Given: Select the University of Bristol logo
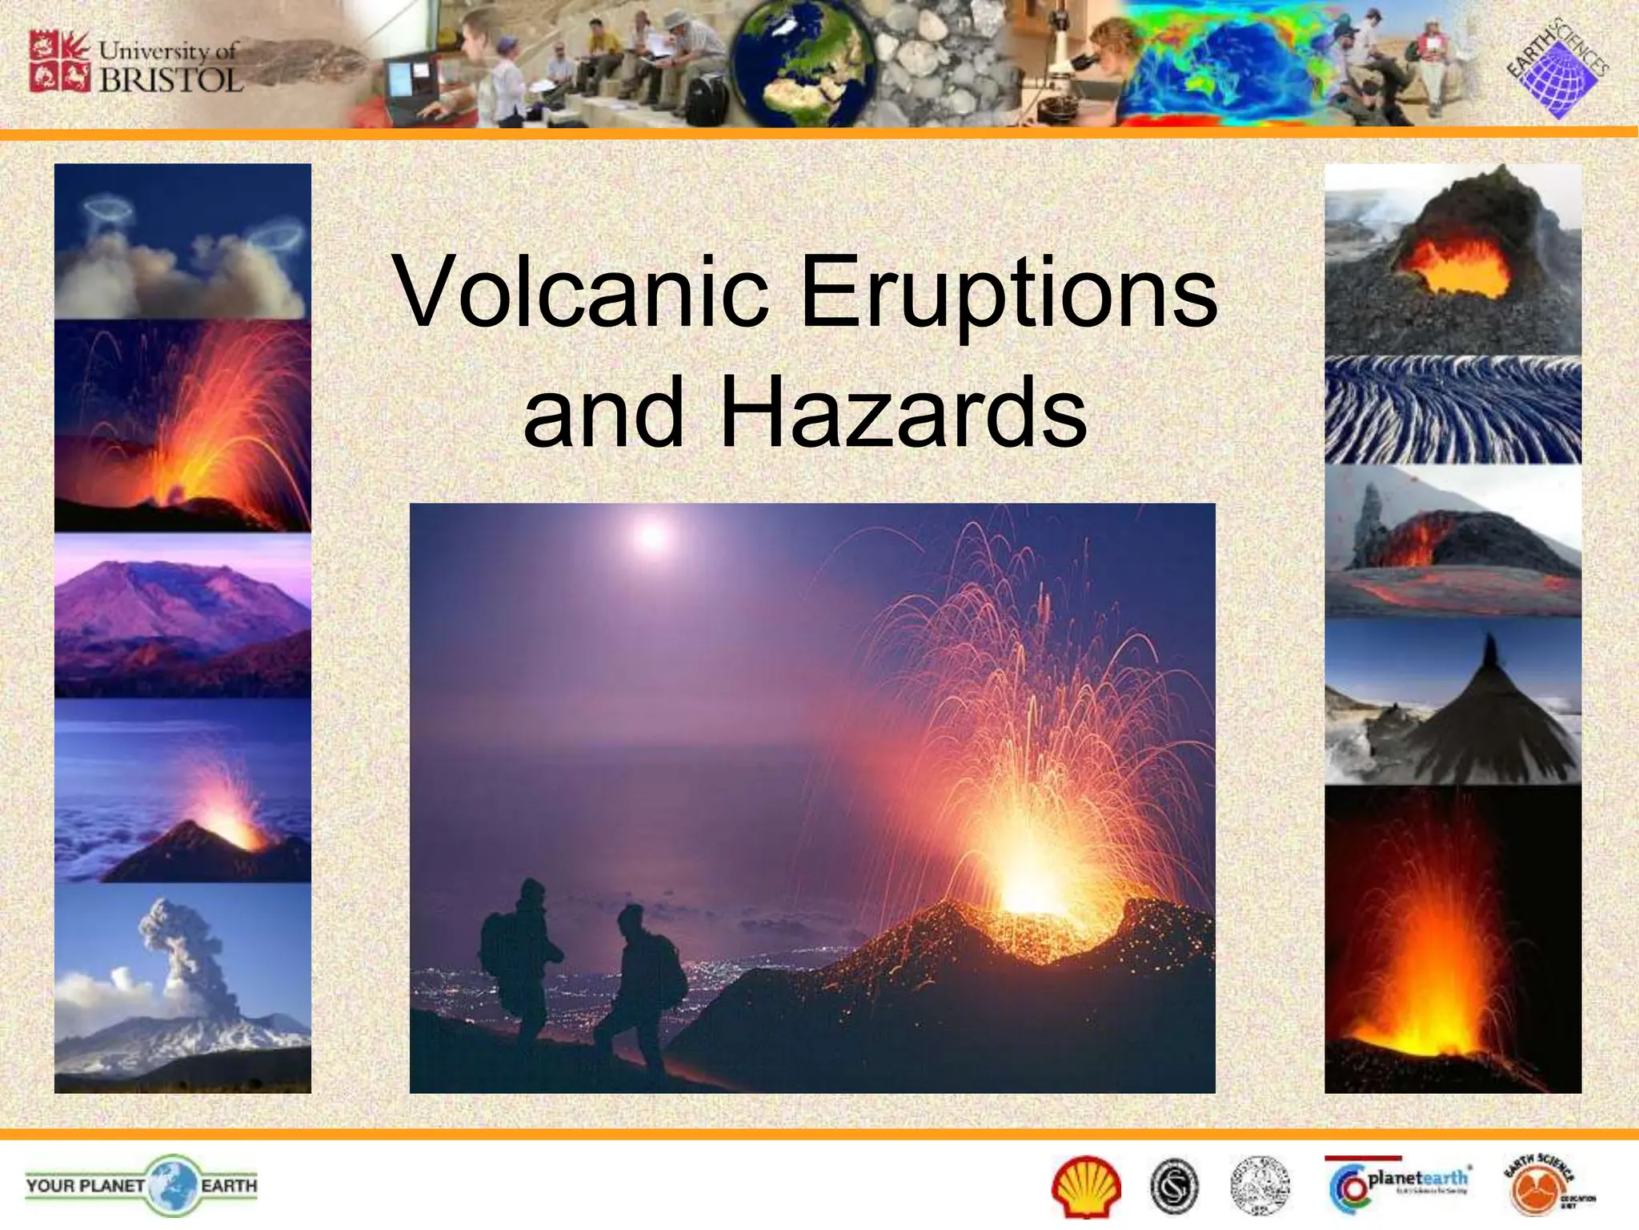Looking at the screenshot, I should tap(136, 62).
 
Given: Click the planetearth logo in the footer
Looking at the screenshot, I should tap(1399, 1184).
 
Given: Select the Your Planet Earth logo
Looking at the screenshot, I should tap(142, 1185).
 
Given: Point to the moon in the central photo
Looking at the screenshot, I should tap(652, 535).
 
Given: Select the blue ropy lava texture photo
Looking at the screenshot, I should tap(1453, 411).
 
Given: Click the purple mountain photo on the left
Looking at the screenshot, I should tap(182, 617).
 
